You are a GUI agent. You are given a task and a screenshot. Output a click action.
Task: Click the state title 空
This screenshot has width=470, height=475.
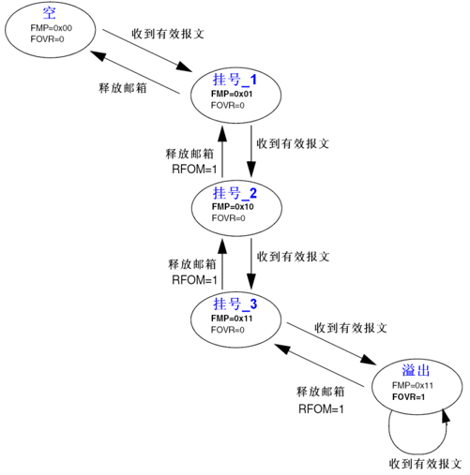50,13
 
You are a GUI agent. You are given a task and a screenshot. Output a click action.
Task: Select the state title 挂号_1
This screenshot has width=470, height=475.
235,82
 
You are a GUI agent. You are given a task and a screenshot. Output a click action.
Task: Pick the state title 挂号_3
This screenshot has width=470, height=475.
235,304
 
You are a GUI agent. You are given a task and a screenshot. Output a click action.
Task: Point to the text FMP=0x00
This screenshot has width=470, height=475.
51,28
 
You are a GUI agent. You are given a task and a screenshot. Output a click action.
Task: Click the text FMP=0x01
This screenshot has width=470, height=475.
233,95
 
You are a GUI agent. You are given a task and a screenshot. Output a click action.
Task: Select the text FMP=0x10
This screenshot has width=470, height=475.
233,206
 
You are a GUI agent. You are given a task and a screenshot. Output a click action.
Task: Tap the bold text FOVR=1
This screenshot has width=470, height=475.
408,397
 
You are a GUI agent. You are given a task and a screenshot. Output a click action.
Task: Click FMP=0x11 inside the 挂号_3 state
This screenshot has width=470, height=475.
233,318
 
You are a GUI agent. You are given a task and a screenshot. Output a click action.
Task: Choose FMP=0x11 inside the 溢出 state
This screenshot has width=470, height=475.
412,385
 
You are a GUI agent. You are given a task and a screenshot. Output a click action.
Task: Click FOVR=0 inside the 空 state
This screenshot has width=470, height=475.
46,39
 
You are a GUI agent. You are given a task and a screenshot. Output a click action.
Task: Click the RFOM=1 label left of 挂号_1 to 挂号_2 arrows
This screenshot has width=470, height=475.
193,169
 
